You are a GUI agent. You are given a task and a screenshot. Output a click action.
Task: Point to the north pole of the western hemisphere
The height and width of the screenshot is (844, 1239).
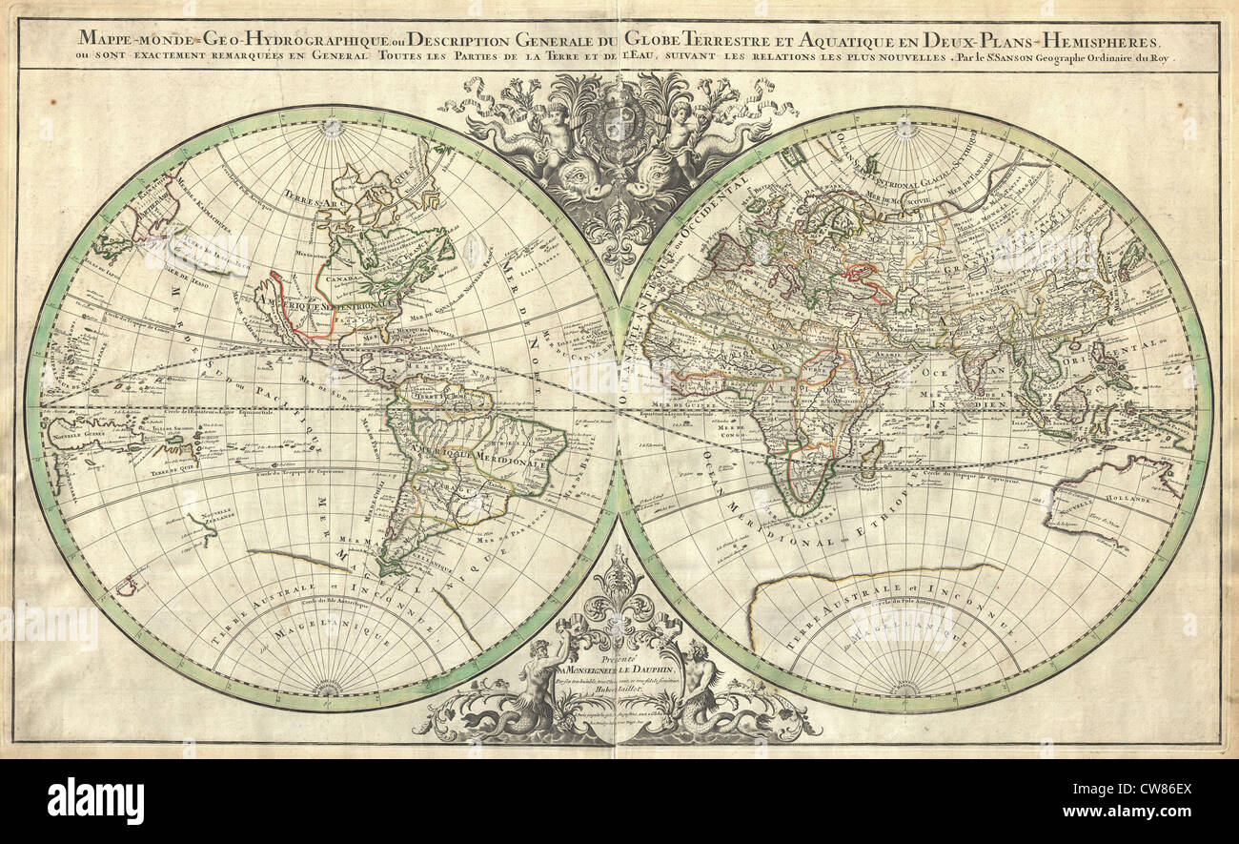point(331,126)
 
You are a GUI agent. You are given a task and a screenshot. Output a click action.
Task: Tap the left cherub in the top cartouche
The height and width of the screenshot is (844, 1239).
point(557,134)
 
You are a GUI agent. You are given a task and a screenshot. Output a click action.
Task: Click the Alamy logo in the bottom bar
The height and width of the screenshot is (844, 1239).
point(95,801)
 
